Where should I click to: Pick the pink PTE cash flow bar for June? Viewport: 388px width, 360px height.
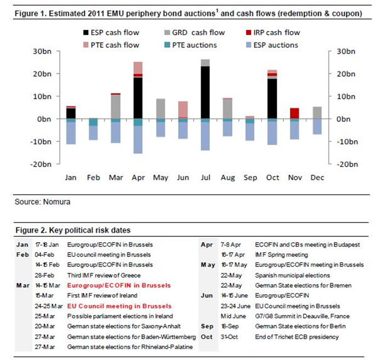pos(183,108)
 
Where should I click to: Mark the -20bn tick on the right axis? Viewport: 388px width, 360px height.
pos(339,164)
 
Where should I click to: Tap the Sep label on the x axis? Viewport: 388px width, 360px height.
pos(250,178)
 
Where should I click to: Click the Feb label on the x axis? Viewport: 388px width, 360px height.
pos(93,178)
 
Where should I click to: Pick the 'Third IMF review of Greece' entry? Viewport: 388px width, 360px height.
pos(104,275)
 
